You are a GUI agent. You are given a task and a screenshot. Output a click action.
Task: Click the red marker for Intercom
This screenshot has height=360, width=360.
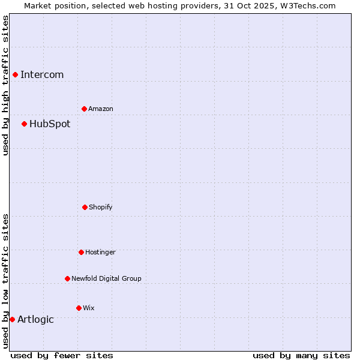pos(15,74)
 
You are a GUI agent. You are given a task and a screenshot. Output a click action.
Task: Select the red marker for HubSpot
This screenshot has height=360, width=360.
pos(24,124)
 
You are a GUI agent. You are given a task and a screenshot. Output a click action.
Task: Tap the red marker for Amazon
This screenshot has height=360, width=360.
pos(84,109)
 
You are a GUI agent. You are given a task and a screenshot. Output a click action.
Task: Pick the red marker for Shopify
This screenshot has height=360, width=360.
pos(85,207)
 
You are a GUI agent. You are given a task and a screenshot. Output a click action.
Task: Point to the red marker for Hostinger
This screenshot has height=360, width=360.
pos(81,252)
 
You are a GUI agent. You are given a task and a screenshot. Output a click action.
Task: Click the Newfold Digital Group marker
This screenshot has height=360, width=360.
pos(67,278)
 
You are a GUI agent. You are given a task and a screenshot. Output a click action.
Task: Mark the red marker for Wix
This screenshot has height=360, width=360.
pos(79,308)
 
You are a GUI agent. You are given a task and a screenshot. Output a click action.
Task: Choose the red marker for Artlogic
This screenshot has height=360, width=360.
pos(12,319)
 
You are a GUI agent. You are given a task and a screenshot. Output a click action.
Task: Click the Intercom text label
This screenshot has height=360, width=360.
pos(42,75)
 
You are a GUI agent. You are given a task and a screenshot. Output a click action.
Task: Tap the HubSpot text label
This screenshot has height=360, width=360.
pos(50,124)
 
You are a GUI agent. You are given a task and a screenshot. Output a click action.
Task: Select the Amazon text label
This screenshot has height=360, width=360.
pos(101,109)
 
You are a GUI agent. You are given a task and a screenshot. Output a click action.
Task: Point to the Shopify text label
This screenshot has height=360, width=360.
pos(101,208)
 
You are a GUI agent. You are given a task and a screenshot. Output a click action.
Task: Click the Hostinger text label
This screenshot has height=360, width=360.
pos(100,253)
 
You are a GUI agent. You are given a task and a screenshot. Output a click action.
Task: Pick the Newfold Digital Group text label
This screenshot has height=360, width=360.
pos(106,279)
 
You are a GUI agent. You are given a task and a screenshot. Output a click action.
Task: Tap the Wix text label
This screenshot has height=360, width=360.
pos(89,308)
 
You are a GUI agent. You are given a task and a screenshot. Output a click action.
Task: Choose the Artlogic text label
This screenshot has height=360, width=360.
pos(35,320)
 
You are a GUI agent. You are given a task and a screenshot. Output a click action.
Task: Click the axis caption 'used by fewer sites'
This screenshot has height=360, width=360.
pos(62,355)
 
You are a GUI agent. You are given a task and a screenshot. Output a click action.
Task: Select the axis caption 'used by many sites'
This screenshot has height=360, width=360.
pos(301,355)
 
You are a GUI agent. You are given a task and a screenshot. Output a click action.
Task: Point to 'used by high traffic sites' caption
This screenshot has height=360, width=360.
pos(5,85)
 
